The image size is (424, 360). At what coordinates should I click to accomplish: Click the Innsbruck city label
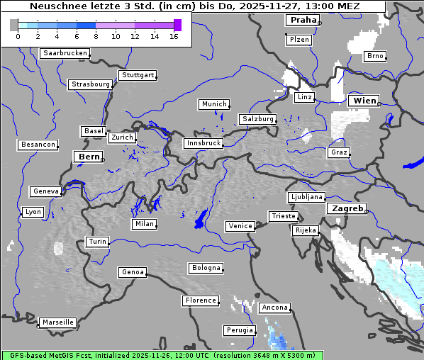pyautogui.click(x=203, y=143)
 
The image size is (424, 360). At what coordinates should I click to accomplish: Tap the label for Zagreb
pyautogui.click(x=346, y=209)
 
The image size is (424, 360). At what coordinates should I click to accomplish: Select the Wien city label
pyautogui.click(x=364, y=101)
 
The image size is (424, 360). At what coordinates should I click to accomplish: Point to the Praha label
pyautogui.click(x=302, y=21)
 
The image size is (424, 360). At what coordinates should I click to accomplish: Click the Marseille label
pyautogui.click(x=58, y=322)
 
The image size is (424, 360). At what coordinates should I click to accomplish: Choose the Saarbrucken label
pyautogui.click(x=65, y=53)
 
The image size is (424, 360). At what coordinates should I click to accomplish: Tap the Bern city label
pyautogui.click(x=89, y=157)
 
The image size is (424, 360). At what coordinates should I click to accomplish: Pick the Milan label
pyautogui.click(x=144, y=224)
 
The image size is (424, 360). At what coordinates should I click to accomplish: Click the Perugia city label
pyautogui.click(x=240, y=330)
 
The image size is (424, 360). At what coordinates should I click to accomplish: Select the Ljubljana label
pyautogui.click(x=306, y=197)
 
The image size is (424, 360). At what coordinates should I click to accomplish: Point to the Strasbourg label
pyautogui.click(x=91, y=84)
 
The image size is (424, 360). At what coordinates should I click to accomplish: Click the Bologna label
pyautogui.click(x=206, y=268)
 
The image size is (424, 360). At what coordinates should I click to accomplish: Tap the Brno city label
pyautogui.click(x=375, y=56)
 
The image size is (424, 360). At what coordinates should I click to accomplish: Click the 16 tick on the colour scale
pyautogui.click(x=174, y=36)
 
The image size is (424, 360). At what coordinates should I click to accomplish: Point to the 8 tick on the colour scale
pyautogui.click(x=96, y=36)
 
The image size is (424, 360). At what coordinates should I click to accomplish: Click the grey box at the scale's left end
pyautogui.click(x=14, y=25)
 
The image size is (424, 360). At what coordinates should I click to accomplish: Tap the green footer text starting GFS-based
pyautogui.click(x=162, y=355)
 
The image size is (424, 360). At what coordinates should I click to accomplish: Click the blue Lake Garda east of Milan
pyautogui.click(x=201, y=220)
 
